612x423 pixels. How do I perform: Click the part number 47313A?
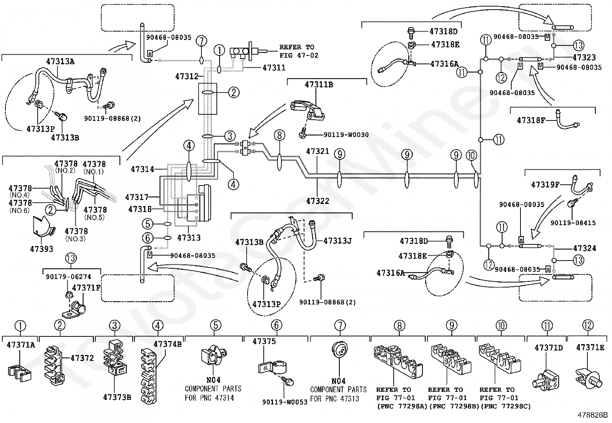(60, 61)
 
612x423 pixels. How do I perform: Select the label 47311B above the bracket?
(319, 84)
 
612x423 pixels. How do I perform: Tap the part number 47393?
(42, 249)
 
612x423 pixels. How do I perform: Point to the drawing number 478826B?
(592, 415)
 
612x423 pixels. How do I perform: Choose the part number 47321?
(318, 152)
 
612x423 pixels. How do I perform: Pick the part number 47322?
(318, 201)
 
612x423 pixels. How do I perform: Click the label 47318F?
(531, 120)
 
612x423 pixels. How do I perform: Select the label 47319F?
(545, 185)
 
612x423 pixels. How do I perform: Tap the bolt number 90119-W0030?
(346, 135)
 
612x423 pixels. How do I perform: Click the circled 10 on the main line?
(472, 155)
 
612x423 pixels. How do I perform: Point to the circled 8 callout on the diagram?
(279, 135)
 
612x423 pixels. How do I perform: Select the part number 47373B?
(117, 397)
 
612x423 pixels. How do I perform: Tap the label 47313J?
(338, 241)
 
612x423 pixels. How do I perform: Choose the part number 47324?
(584, 248)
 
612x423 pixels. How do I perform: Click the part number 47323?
(584, 58)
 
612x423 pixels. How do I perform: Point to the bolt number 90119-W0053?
(285, 402)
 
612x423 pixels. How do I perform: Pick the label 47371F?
(86, 288)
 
